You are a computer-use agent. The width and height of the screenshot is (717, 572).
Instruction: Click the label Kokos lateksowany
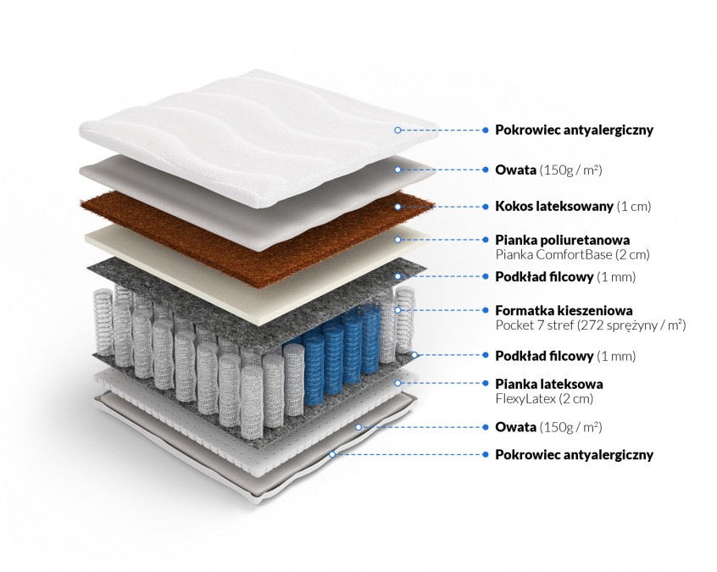[554, 206]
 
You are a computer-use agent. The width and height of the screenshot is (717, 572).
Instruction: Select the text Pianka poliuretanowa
[562, 240]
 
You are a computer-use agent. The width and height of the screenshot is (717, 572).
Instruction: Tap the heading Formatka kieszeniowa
[564, 310]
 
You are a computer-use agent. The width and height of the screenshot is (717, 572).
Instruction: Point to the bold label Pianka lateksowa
[549, 383]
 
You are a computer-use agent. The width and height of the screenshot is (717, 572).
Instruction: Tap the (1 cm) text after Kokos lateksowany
[635, 206]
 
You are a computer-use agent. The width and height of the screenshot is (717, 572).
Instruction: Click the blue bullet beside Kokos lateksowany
[486, 206]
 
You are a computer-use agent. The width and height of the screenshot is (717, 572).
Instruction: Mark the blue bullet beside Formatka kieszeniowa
[486, 311]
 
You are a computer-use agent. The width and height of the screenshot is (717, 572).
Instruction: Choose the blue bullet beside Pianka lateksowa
[486, 384]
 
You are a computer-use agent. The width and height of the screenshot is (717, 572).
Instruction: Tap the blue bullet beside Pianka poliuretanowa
[486, 241]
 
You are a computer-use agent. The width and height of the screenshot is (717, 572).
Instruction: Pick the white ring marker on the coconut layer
[397, 206]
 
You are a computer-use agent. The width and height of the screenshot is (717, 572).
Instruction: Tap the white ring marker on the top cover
[397, 130]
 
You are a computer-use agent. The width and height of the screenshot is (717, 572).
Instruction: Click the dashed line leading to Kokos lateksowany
[441, 206]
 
